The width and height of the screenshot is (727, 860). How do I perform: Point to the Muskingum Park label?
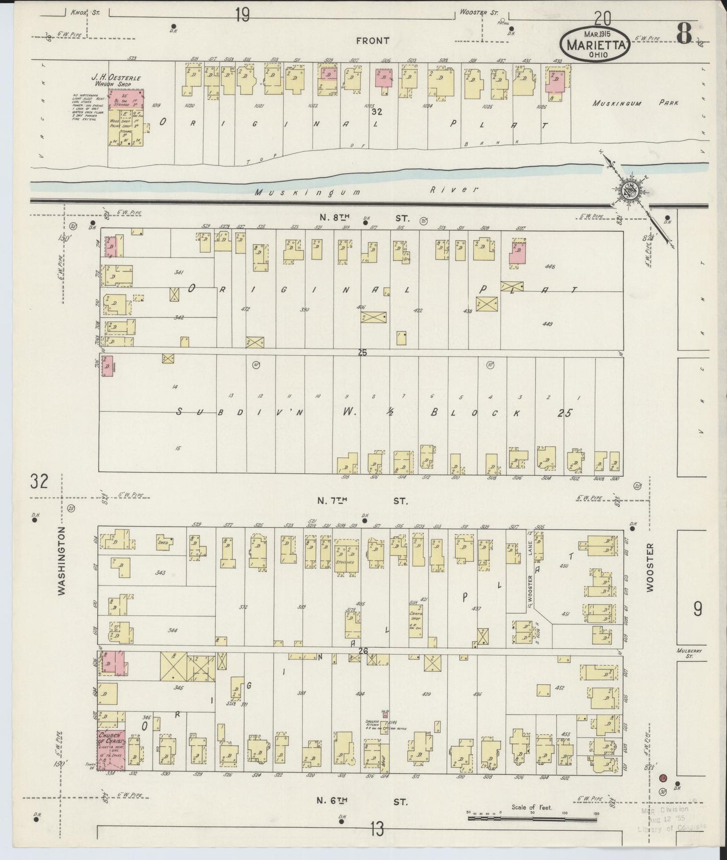pos(635,103)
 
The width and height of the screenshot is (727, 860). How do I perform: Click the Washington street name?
pos(62,561)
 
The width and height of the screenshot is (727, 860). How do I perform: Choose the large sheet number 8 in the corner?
pos(685,34)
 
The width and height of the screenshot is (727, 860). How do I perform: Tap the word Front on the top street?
pos(373,41)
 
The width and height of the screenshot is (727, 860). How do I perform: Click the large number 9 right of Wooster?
pos(698,609)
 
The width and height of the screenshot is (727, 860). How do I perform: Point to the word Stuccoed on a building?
pos(346,562)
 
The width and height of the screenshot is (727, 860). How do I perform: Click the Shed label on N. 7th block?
pos(163,542)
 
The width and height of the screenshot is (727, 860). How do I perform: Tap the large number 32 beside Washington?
pos(39,481)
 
